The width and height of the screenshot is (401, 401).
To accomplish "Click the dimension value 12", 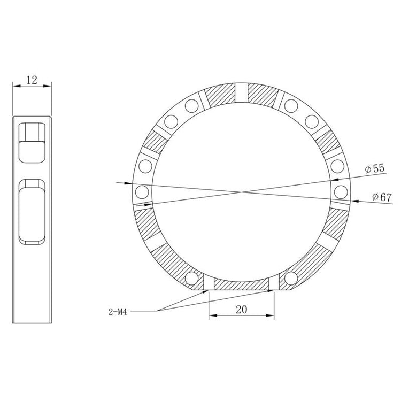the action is click(32, 80).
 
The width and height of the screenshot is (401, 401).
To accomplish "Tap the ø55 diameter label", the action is click(375, 168).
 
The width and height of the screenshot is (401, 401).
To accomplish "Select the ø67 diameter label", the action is click(382, 197).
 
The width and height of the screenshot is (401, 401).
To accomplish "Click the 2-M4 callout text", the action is click(118, 312).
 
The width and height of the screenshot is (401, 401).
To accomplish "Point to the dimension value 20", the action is click(242, 310).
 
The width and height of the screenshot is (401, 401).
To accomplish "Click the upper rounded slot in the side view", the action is click(32, 143).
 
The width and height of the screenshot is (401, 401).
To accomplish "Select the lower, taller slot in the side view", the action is click(32, 212).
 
